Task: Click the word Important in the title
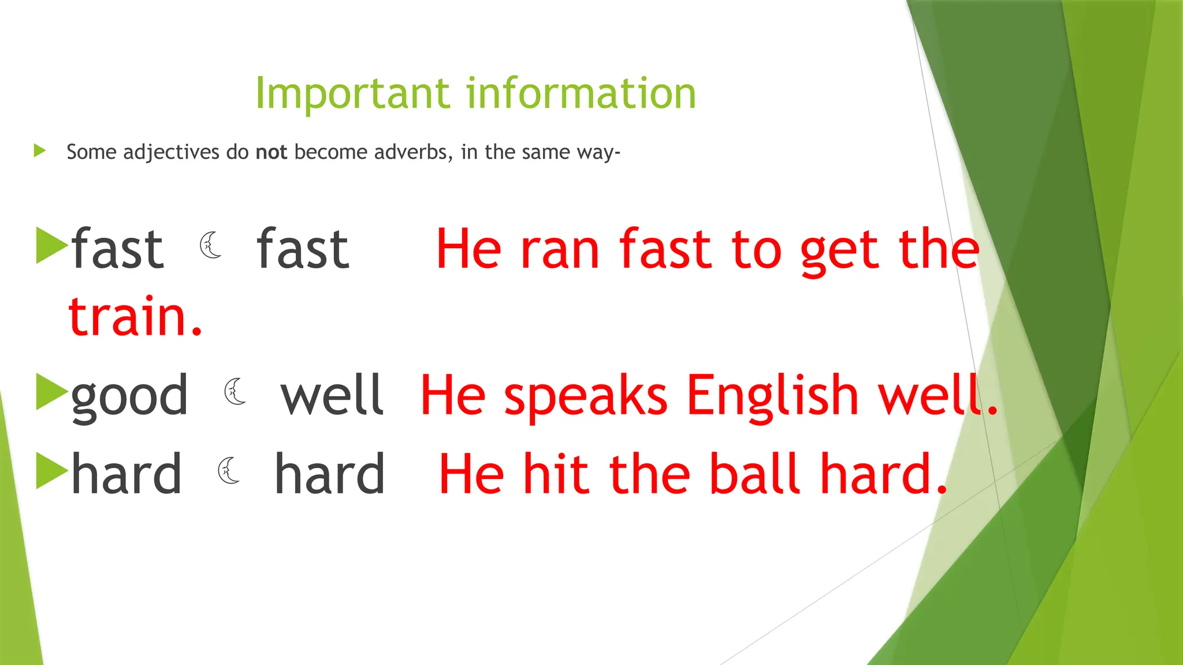[352, 94]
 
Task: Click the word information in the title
[581, 94]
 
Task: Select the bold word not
[271, 152]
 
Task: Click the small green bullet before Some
[40, 151]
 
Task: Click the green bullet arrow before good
[51, 392]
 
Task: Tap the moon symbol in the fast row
[211, 245]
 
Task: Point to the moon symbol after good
[235, 392]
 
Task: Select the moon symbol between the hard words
[229, 470]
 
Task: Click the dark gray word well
[332, 396]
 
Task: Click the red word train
[135, 316]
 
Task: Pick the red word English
[773, 396]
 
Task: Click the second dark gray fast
[303, 249]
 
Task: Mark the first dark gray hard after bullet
[126, 475]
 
